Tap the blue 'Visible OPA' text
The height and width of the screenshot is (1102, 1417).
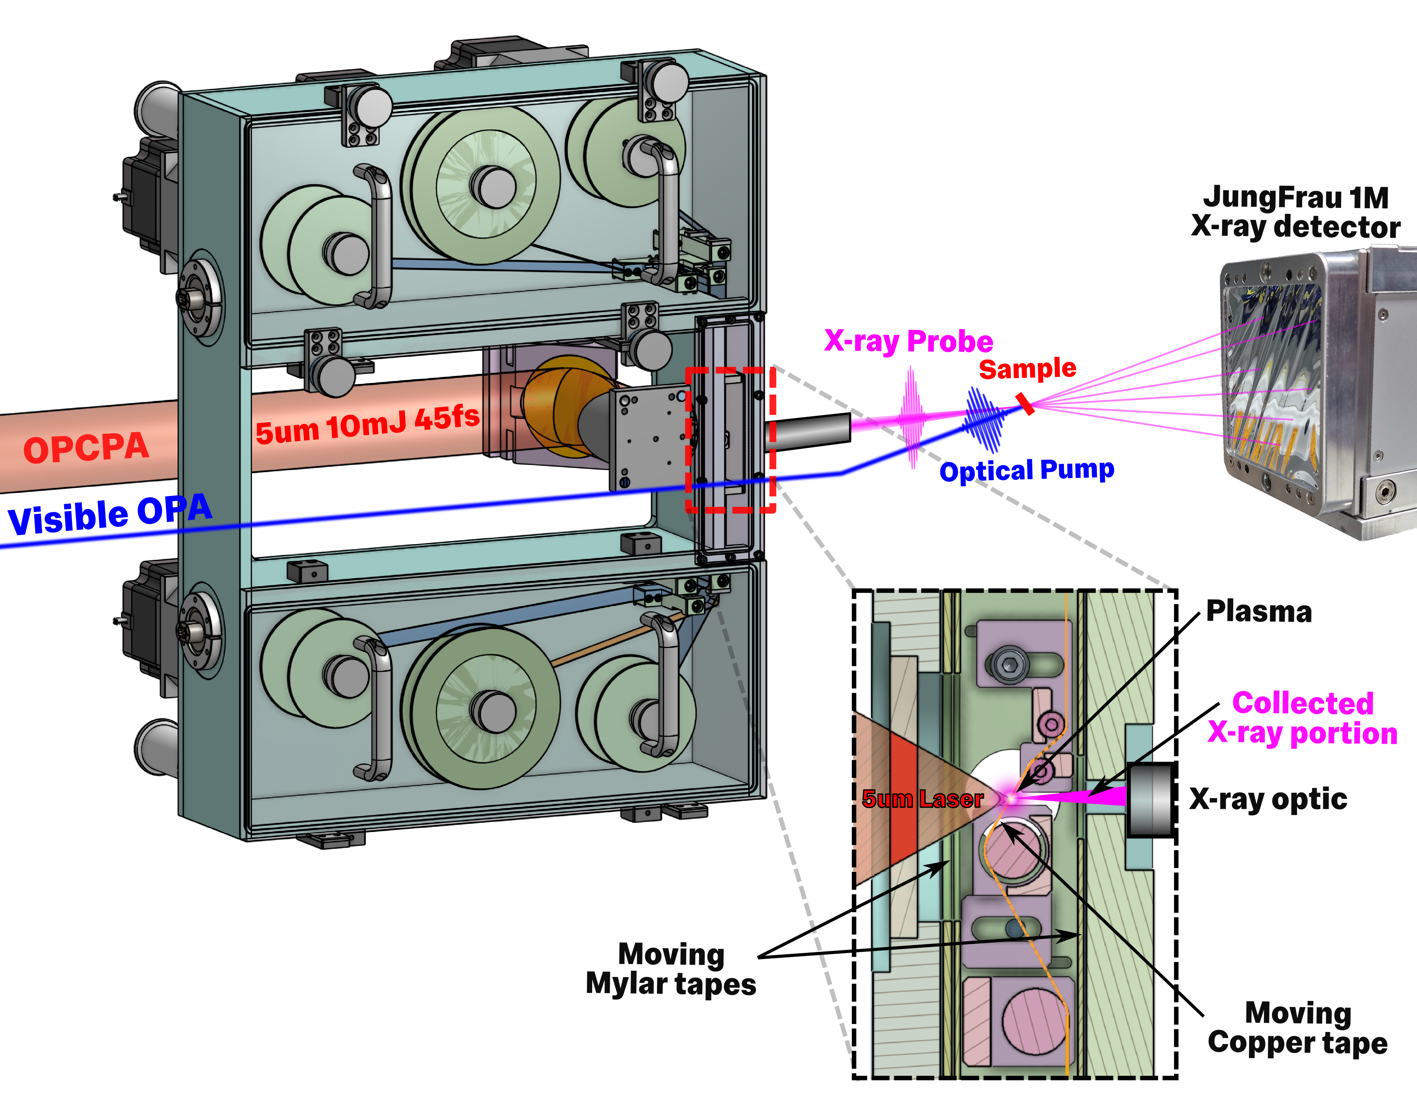[x=109, y=514]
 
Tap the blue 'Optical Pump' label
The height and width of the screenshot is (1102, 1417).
[x=1026, y=470]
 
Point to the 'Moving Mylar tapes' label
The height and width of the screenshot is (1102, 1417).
[x=671, y=969]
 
